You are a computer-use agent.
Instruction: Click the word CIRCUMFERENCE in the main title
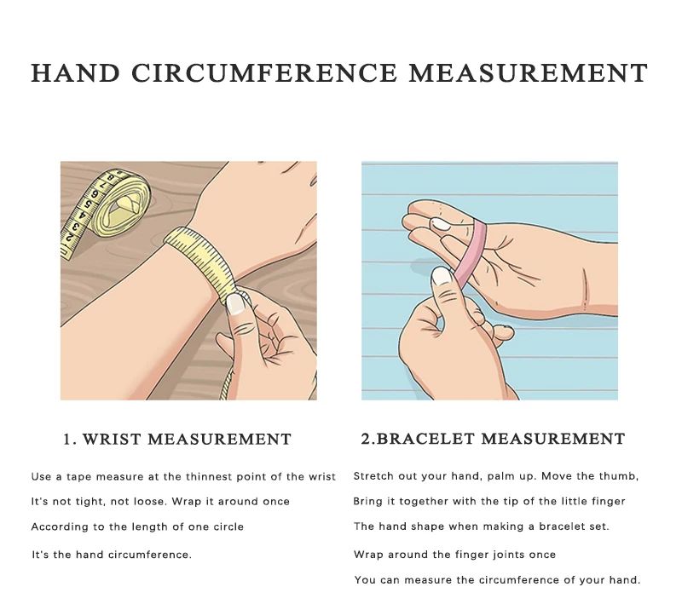point(264,72)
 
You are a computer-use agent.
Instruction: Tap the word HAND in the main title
point(75,72)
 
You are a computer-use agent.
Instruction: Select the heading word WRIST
point(112,439)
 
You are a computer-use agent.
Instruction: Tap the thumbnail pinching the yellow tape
point(236,304)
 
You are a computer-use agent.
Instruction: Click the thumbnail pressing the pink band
point(441,276)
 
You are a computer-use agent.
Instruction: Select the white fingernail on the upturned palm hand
point(441,224)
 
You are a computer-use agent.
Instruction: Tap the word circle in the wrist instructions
point(228,526)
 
